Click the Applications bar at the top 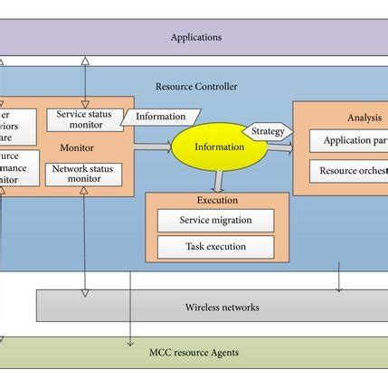point(194,37)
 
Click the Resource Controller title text point(196,87)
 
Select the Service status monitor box point(83,119)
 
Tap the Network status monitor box point(83,174)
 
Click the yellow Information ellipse point(219,147)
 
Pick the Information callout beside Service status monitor point(160,117)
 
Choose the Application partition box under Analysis point(349,141)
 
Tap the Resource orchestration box point(349,171)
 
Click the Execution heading point(217,200)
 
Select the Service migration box point(215,220)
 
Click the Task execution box point(215,246)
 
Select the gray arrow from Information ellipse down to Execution point(219,182)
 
